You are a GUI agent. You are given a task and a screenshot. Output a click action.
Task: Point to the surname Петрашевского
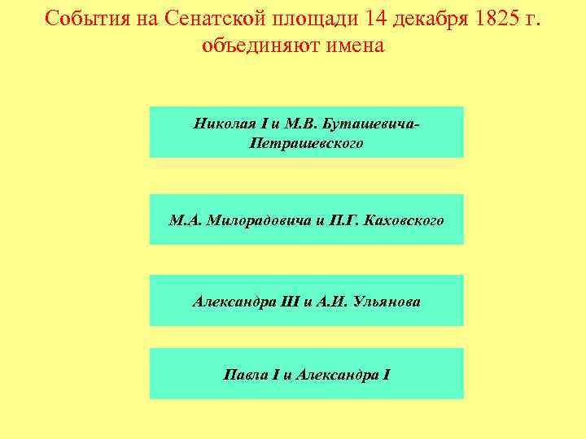[x=306, y=143]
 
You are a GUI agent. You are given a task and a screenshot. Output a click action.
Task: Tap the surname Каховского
[x=405, y=219]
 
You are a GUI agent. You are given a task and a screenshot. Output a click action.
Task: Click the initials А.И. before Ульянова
[x=334, y=301]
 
